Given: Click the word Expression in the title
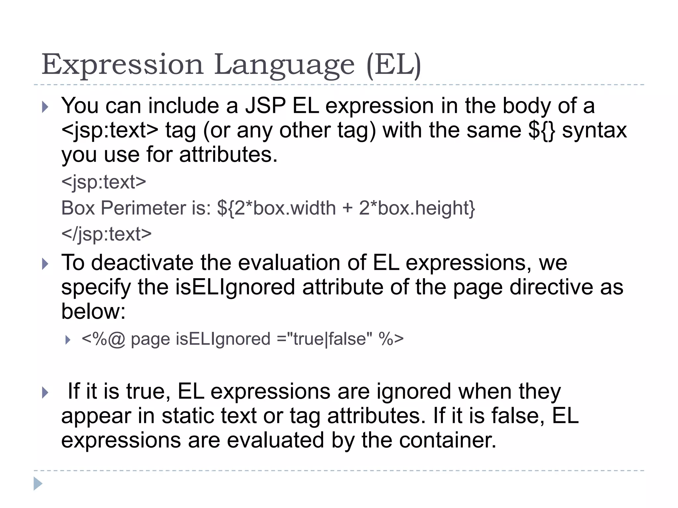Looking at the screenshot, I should tap(122, 64).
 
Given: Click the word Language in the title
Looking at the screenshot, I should tap(284, 65).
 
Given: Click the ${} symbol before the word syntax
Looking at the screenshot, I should tap(542, 130).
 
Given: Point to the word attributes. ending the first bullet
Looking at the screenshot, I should tap(228, 155).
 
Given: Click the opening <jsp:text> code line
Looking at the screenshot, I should tap(104, 182).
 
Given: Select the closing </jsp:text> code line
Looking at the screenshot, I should tap(106, 234).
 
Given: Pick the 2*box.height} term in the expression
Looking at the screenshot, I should tap(417, 208).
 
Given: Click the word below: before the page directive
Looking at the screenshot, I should tap(93, 311).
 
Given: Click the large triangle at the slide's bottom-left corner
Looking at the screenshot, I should tap(38, 484).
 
